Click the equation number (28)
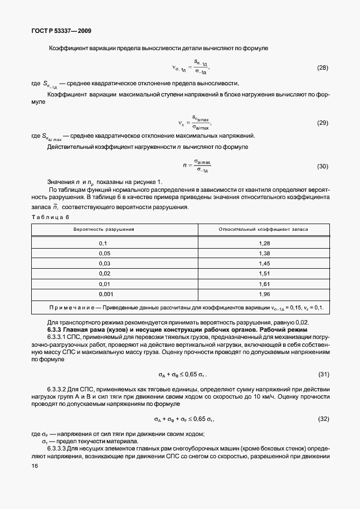point(322,67)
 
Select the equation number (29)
point(322,123)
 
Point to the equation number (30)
point(322,166)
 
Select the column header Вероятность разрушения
point(104,229)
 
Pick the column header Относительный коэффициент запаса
point(264,229)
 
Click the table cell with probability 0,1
point(103,244)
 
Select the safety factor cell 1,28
point(264,244)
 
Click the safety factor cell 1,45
point(264,263)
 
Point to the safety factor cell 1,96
point(264,293)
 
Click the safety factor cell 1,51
point(264,273)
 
